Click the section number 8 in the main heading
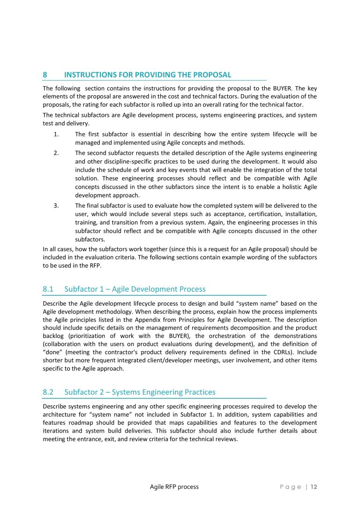point(45,75)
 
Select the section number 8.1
point(49,289)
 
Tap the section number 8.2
point(49,392)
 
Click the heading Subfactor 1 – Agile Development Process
point(135,289)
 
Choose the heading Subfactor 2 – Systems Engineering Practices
point(140,392)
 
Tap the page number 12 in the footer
point(314,487)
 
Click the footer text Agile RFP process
point(174,487)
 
